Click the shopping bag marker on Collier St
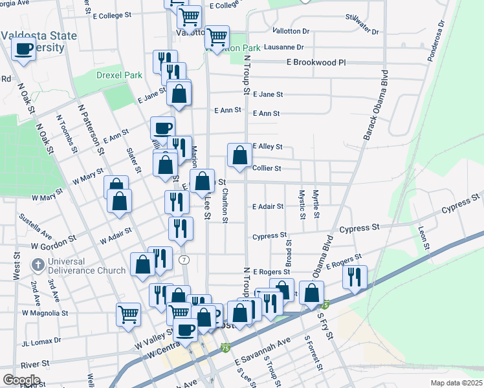[239, 156]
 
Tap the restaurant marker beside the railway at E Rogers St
[355, 277]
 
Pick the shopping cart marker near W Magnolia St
[129, 314]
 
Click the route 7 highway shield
[185, 259]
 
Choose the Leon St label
[423, 238]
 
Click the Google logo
[21, 380]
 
